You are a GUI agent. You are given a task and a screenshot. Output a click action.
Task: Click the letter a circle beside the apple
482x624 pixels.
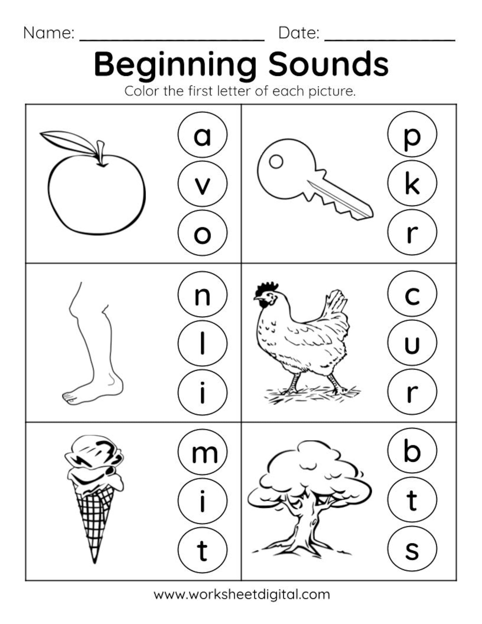(x=202, y=135)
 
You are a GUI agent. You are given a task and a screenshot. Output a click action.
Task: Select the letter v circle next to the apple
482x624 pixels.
(x=202, y=184)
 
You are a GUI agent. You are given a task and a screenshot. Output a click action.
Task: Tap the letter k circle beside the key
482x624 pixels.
(x=412, y=183)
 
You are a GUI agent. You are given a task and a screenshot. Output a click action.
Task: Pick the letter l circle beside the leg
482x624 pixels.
(x=202, y=343)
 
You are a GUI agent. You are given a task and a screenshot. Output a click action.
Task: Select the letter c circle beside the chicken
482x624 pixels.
(x=412, y=294)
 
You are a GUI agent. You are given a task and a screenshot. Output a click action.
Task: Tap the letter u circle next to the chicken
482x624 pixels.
(x=412, y=343)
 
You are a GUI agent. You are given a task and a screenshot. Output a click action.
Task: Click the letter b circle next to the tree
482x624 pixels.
(x=412, y=451)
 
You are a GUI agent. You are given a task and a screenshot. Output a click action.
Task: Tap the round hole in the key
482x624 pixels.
(x=276, y=161)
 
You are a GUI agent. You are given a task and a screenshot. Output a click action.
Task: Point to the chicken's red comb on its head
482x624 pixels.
(x=266, y=287)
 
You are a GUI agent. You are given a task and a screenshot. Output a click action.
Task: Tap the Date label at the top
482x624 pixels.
(x=299, y=33)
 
